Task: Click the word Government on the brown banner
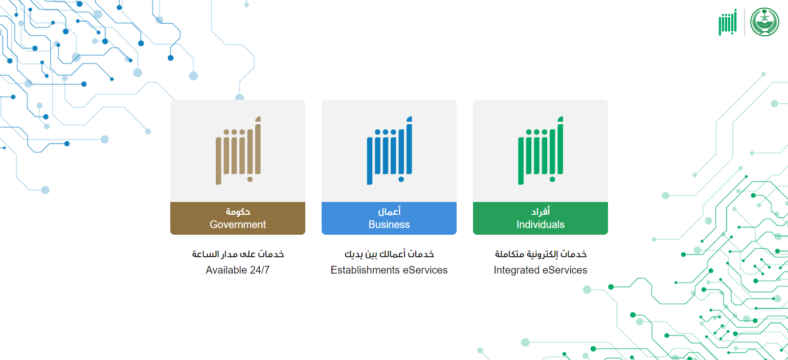coord(238,224)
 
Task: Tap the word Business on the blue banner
coord(389,224)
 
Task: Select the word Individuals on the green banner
coord(541,224)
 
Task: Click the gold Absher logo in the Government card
coord(238,150)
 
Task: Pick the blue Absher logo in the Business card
coord(390,150)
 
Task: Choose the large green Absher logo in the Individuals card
coord(541,150)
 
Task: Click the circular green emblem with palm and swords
coord(764,22)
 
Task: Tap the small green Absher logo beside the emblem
coord(728,22)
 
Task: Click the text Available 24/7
coord(237,270)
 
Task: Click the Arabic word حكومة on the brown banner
coord(238,212)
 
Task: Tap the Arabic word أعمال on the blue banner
coord(389,211)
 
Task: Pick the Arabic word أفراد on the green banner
coord(541,211)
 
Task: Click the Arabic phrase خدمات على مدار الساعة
coord(238,254)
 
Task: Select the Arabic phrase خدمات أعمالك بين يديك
coord(389,254)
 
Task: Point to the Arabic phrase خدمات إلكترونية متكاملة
coord(541,254)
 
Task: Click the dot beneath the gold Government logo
coord(250,179)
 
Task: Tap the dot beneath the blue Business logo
coord(401,179)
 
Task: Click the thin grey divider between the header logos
coord(745,22)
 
